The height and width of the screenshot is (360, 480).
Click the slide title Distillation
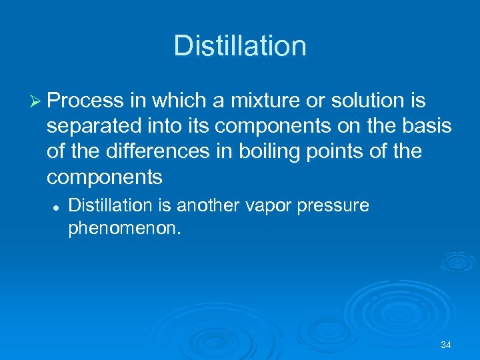click(x=240, y=46)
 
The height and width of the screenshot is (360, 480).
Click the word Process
click(x=86, y=101)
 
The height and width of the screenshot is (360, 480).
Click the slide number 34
click(x=446, y=345)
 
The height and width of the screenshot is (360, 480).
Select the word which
click(x=176, y=101)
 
